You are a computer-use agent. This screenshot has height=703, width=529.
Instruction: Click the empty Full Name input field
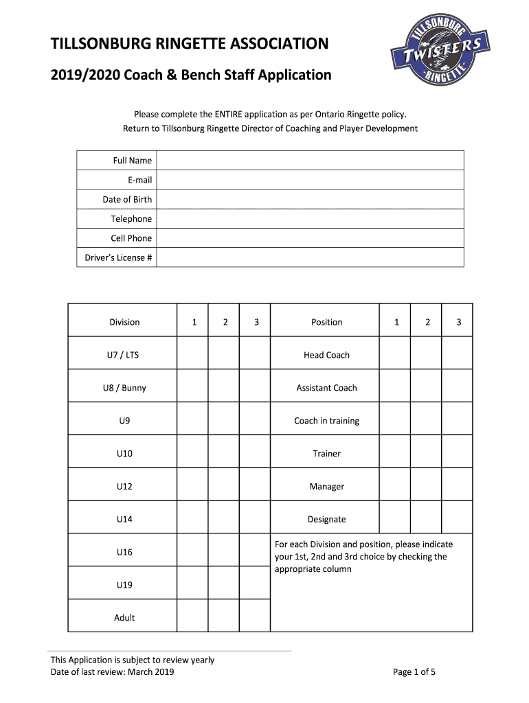click(x=310, y=161)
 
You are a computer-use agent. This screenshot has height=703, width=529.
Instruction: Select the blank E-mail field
click(x=310, y=180)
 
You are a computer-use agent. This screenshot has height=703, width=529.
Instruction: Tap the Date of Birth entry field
click(x=310, y=200)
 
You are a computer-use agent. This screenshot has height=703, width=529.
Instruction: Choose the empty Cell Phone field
click(x=310, y=238)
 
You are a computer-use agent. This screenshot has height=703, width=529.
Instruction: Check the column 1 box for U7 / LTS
click(x=193, y=355)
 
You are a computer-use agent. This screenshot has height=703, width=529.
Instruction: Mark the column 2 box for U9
click(x=225, y=421)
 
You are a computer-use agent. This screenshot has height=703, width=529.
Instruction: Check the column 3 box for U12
click(x=256, y=487)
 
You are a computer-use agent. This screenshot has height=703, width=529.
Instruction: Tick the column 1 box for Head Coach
click(x=395, y=355)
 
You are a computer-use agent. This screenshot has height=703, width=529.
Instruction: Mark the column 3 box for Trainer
click(x=457, y=454)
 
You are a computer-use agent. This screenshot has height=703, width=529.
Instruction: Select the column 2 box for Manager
click(x=426, y=487)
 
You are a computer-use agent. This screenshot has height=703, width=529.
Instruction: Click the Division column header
click(x=124, y=322)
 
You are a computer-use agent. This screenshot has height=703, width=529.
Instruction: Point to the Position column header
click(x=326, y=322)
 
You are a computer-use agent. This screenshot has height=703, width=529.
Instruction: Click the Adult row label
click(x=124, y=618)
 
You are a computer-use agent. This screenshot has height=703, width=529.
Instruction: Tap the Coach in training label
click(x=326, y=421)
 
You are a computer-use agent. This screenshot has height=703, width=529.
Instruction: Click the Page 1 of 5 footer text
click(x=414, y=672)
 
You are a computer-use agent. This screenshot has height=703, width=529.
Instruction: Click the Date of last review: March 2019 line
click(x=113, y=672)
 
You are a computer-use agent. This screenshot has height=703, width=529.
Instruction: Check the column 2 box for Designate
click(x=426, y=520)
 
